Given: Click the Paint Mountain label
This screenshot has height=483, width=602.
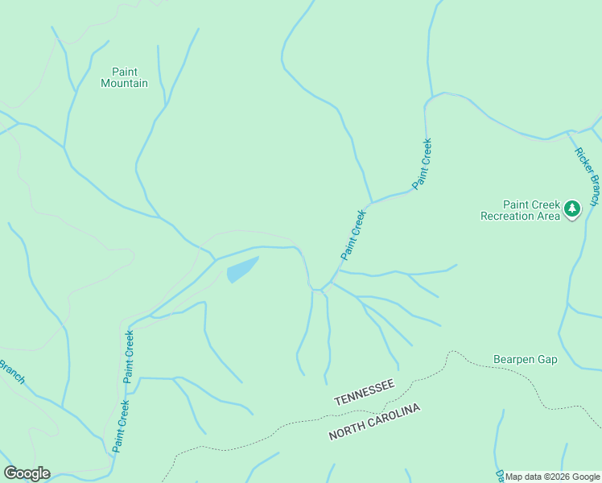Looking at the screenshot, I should pyautogui.click(x=124, y=77).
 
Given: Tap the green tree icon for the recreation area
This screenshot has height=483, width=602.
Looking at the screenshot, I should pyautogui.click(x=572, y=209).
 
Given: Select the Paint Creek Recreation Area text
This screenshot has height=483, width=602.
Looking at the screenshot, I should pyautogui.click(x=520, y=210).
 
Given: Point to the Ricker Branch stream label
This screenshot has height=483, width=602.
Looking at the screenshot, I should pyautogui.click(x=586, y=176).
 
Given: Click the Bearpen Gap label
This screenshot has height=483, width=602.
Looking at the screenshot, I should pyautogui.click(x=525, y=359).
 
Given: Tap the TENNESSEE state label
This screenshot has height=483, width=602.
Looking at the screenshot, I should pyautogui.click(x=364, y=393).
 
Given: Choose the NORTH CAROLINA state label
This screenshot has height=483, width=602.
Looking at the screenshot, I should pyautogui.click(x=374, y=423).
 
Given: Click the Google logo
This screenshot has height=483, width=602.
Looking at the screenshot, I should pyautogui.click(x=27, y=473).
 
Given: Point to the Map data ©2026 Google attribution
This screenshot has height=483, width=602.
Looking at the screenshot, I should pyautogui.click(x=552, y=477).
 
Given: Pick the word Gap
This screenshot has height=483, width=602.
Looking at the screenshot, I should pyautogui.click(x=547, y=359).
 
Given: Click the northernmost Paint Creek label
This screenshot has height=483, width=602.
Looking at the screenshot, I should pyautogui.click(x=423, y=163).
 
